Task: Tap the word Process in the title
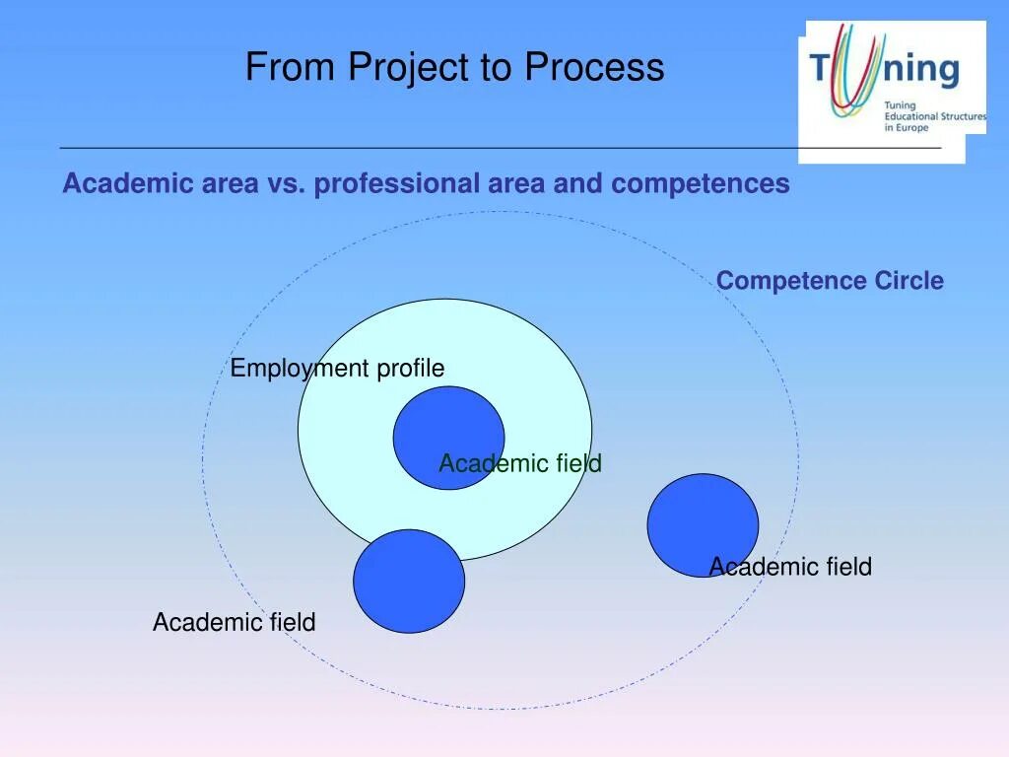(594, 68)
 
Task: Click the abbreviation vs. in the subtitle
(285, 183)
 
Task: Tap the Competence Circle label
(830, 281)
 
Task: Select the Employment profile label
(337, 369)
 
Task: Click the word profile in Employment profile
(409, 369)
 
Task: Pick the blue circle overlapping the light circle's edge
(409, 582)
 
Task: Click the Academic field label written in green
(519, 463)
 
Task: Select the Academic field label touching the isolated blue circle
(790, 567)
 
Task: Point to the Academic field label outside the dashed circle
(234, 622)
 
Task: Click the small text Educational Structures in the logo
(934, 116)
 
